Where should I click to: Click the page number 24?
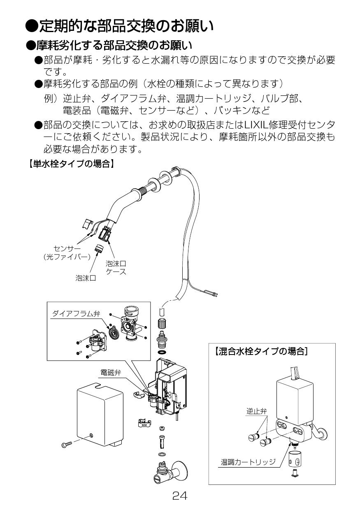180,496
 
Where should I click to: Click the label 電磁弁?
111,373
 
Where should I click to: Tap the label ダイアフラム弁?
76,313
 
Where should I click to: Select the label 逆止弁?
256,411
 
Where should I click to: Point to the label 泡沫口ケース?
116,267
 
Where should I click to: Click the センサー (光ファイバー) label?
67,253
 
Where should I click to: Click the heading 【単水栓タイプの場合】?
70,164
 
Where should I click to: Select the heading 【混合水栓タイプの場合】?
261,351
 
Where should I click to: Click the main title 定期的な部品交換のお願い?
119,27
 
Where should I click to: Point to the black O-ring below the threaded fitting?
162,352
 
